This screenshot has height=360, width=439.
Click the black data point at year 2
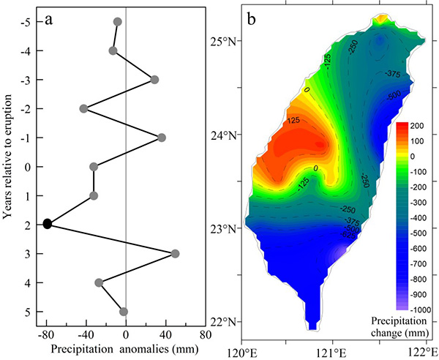coord(48,224)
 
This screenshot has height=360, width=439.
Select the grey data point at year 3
coord(175,254)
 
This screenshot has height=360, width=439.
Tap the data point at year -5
coord(118,22)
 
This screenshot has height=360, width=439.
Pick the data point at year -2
coord(83,108)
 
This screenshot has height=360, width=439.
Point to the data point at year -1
coord(162,138)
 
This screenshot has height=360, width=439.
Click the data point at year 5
coord(124,312)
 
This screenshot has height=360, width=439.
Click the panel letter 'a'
coord(48,20)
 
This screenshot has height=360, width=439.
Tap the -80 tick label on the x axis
coord(46,336)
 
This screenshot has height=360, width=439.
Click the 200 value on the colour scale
coord(420,126)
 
